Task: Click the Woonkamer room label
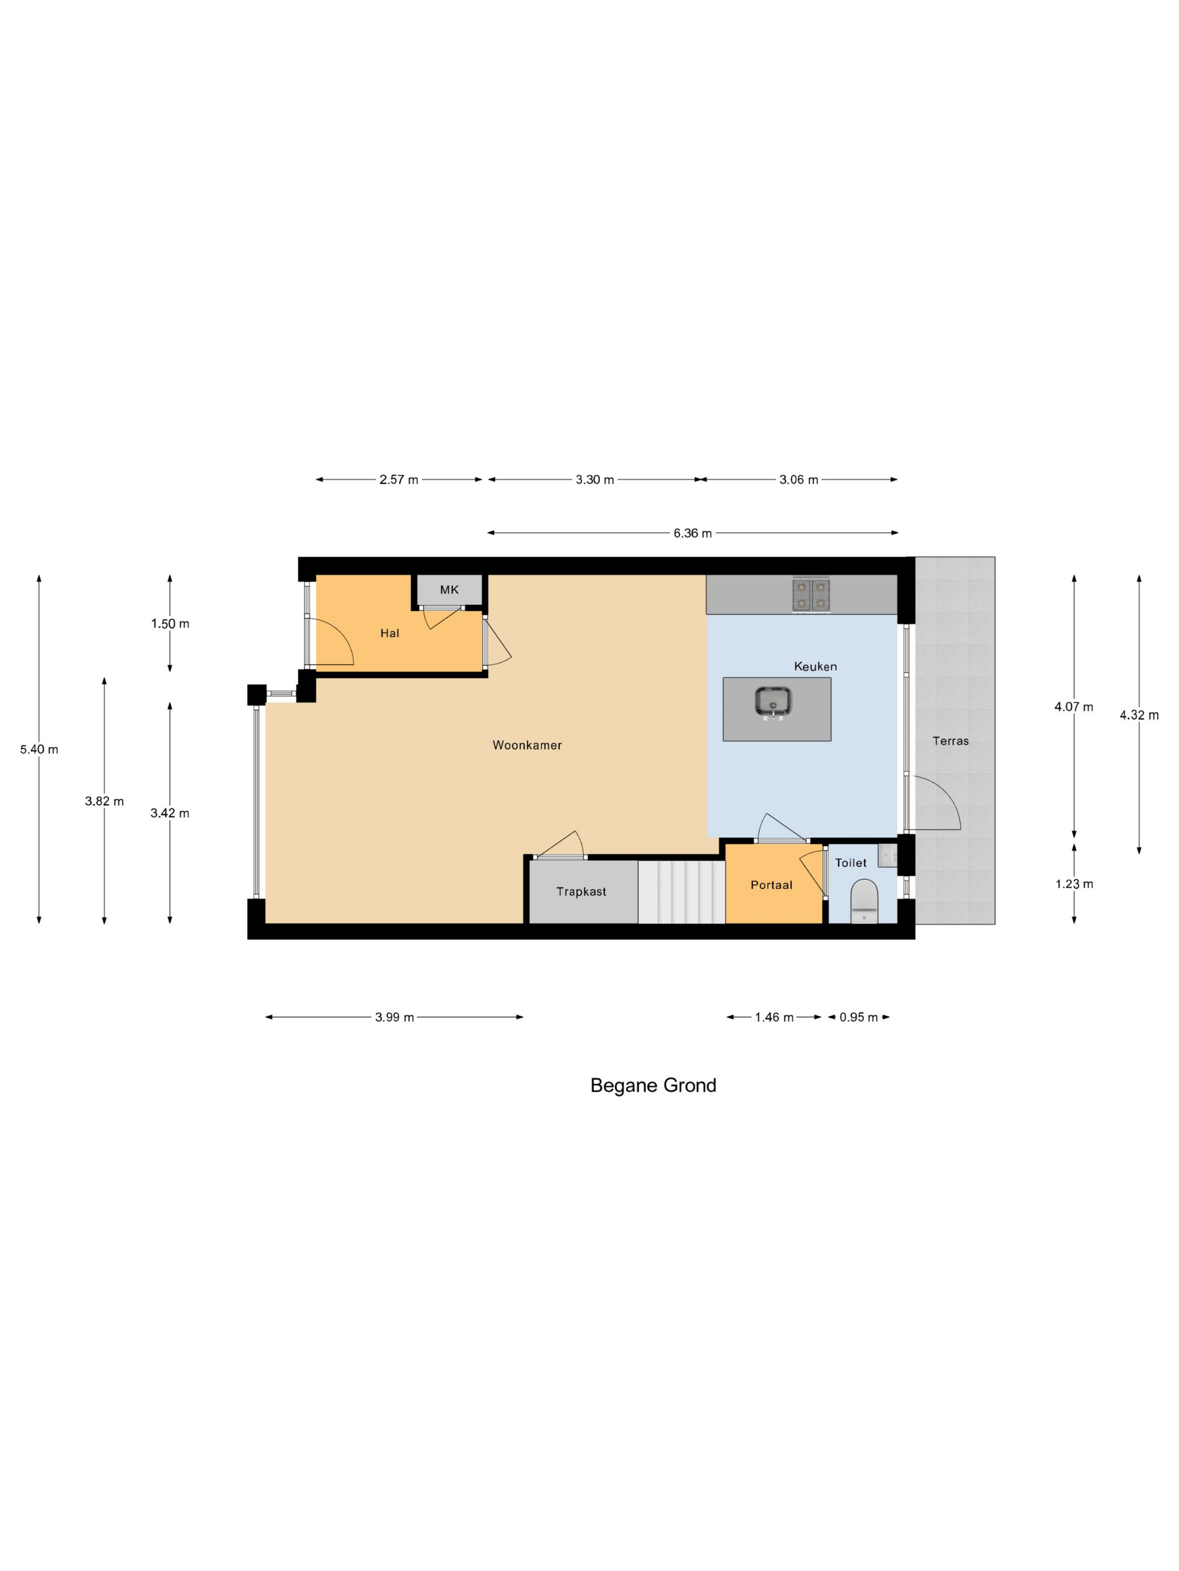click(x=527, y=745)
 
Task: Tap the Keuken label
click(x=815, y=666)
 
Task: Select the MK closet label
click(x=449, y=590)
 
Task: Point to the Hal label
click(x=390, y=633)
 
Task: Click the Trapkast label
click(x=581, y=892)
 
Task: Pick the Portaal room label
click(x=771, y=885)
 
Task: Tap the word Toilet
click(x=851, y=863)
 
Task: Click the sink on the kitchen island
click(x=773, y=703)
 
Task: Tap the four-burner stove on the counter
click(x=811, y=595)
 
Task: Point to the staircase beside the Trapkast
click(x=681, y=892)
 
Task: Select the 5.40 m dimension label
click(x=39, y=749)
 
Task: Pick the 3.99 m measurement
click(x=395, y=1017)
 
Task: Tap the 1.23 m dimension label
click(x=1074, y=884)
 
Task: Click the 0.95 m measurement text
click(x=858, y=1017)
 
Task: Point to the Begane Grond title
click(x=653, y=1085)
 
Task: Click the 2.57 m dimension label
click(x=399, y=479)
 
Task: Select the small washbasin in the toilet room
click(x=887, y=855)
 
